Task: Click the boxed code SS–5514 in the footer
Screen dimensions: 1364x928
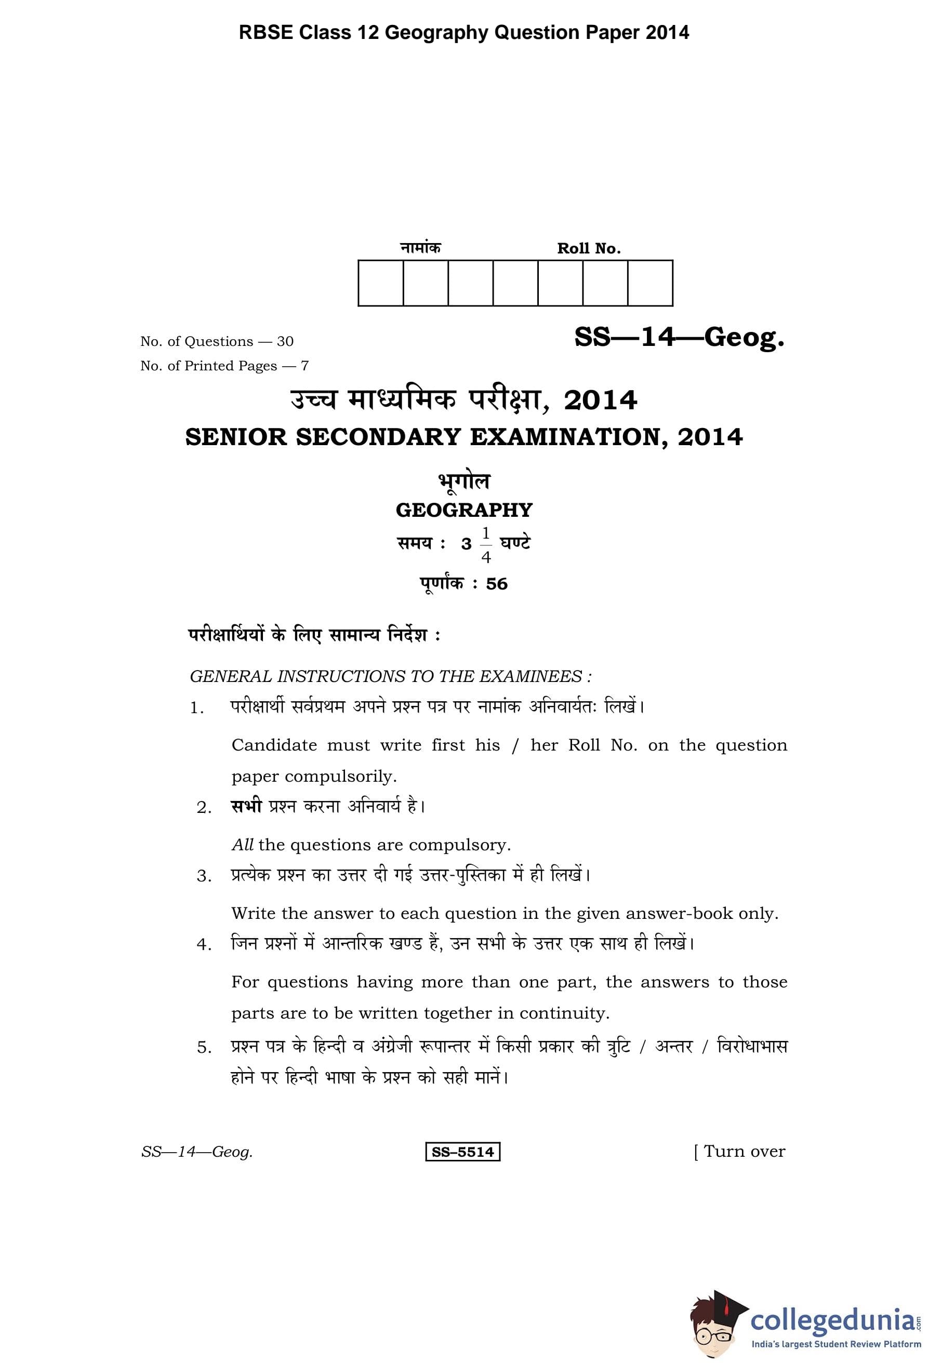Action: (462, 1152)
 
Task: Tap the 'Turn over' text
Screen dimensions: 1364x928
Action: (744, 1152)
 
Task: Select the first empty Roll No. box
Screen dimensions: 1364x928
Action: (380, 283)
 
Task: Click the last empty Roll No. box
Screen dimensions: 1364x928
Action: (650, 283)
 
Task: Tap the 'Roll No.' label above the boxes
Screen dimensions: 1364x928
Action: (589, 248)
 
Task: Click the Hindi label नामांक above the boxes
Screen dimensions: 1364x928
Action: (420, 248)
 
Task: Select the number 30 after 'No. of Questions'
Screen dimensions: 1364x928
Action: (285, 341)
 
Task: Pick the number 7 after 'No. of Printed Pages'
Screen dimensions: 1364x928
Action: (304, 366)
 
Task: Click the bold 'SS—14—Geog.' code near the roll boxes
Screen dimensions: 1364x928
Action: (679, 337)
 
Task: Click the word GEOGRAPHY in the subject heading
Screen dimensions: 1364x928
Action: (463, 510)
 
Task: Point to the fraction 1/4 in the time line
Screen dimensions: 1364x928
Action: (485, 545)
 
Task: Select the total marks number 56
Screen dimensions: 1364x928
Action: (497, 583)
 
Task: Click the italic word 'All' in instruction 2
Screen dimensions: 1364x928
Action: (243, 845)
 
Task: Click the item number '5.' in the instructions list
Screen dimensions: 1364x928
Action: (204, 1048)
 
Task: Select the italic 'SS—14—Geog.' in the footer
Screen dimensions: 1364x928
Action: (196, 1152)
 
